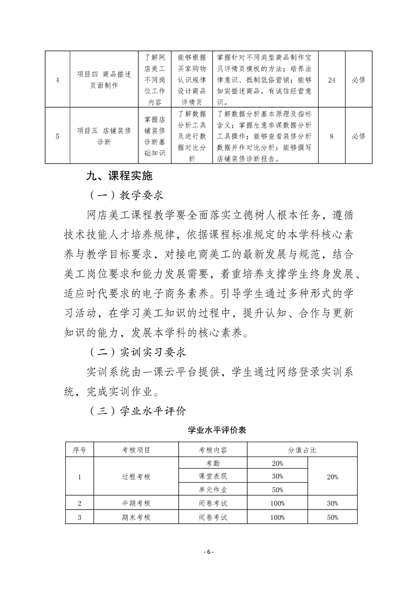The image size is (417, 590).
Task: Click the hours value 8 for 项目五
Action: tap(331, 136)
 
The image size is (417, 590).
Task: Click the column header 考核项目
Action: tap(136, 450)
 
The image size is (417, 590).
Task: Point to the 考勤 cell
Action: tap(213, 463)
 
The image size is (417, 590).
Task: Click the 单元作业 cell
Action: tap(213, 490)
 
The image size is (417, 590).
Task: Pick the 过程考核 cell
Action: tap(136, 476)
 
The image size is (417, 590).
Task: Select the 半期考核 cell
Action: tap(136, 503)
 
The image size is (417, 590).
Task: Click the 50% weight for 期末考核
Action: tap(332, 517)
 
